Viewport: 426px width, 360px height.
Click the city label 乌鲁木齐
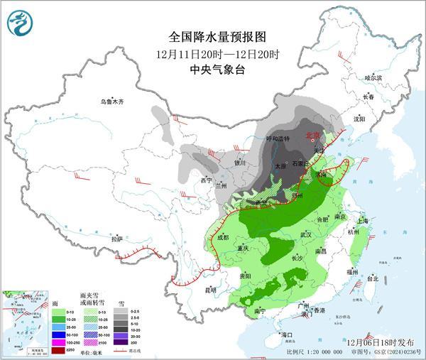coord(111,102)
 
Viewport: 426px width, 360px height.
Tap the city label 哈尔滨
coord(373,77)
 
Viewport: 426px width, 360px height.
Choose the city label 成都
coord(223,237)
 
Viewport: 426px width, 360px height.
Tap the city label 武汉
coord(306,234)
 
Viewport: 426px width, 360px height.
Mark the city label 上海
coord(362,221)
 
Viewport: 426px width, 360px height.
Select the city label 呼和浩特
coord(278,139)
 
